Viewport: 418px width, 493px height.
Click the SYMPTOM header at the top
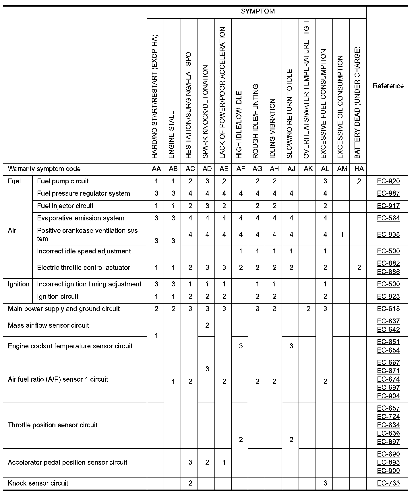258,11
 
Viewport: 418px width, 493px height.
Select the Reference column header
388,86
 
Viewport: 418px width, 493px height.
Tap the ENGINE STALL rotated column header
171,135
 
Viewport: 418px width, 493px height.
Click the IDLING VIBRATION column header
273,128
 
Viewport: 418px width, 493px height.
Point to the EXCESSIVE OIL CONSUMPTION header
340,107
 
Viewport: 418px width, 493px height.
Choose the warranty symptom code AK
308,169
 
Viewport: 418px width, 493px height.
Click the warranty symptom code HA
359,169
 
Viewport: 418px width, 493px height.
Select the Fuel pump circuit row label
63,181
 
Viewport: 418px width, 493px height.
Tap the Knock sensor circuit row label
38,483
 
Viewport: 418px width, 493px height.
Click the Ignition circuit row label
58,296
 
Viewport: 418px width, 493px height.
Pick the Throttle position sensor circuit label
53,425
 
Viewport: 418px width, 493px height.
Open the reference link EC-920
388,181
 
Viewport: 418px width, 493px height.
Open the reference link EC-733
388,483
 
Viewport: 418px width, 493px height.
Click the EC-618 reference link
388,309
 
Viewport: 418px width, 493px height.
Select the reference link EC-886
388,272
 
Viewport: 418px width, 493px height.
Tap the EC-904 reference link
388,396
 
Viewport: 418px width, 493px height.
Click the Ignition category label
18,284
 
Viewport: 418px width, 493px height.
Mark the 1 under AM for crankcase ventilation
342,234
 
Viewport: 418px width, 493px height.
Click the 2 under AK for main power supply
308,309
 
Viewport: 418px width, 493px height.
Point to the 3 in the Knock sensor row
325,483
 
